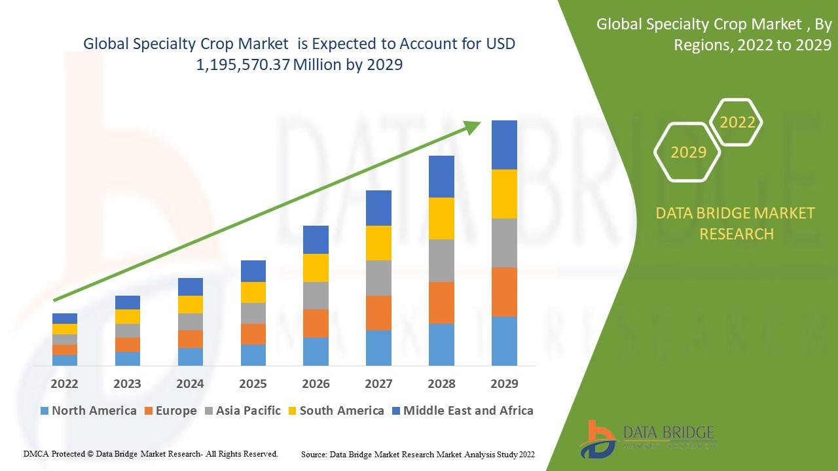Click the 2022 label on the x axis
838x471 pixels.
tap(64, 383)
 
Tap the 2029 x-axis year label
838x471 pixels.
tap(504, 383)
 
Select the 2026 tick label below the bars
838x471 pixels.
tap(316, 383)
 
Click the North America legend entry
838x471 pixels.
tap(88, 411)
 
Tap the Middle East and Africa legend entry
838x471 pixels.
tap(462, 411)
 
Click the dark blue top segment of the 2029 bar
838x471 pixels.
tap(504, 145)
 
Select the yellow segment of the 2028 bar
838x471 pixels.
tap(441, 218)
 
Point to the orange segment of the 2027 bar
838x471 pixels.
tap(378, 313)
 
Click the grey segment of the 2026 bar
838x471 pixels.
tap(316, 296)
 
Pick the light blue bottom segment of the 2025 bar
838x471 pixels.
tap(253, 355)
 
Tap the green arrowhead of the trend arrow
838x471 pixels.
tap(473, 127)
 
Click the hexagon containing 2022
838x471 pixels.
tap(737, 122)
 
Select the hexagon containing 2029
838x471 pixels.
tap(688, 152)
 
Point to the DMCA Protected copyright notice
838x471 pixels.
tap(151, 453)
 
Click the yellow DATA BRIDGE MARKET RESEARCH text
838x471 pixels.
tap(737, 223)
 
